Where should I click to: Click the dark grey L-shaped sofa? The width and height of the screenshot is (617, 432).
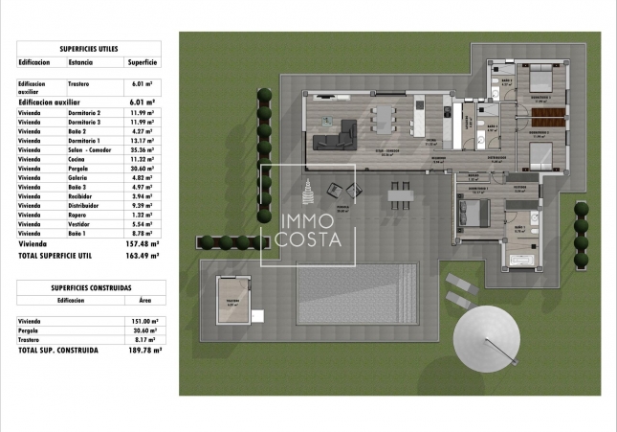[335, 140]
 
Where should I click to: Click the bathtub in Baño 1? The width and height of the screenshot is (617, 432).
[522, 259]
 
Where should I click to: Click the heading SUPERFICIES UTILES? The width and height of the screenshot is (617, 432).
[89, 47]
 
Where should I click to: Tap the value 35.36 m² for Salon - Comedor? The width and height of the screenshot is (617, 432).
[142, 149]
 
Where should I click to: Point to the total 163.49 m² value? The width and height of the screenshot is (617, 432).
[141, 256]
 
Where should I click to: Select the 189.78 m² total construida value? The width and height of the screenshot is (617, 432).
[142, 351]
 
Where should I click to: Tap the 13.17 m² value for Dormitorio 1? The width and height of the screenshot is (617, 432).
[142, 141]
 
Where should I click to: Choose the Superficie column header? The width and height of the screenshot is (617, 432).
[142, 61]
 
